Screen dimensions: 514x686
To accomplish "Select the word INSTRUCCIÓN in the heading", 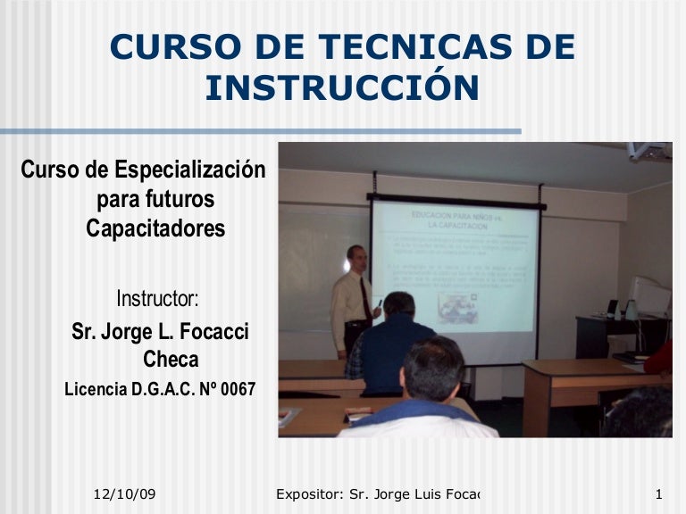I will pyautogui.click(x=342, y=87).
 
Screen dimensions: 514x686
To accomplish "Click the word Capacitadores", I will pyautogui.click(x=155, y=229).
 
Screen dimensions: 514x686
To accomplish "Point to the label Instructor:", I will pyautogui.click(x=157, y=296).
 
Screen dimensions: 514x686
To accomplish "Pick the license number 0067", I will pyautogui.click(x=234, y=390).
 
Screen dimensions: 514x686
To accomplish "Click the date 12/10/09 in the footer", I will pyautogui.click(x=125, y=494).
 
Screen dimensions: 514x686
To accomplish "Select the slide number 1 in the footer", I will pyautogui.click(x=657, y=494).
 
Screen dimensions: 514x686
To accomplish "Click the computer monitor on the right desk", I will pyautogui.click(x=649, y=296).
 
